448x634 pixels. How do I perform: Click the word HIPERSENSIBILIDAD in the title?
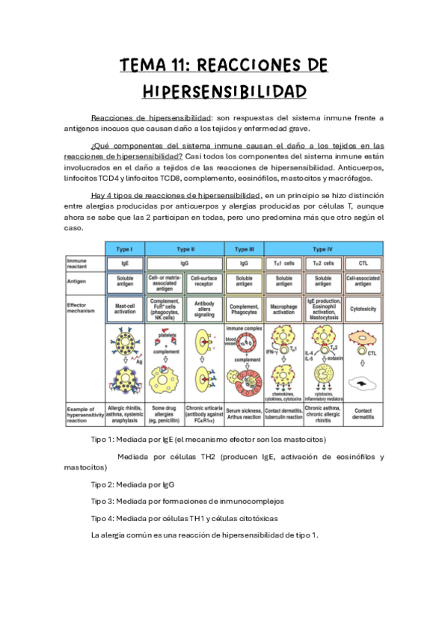pos(224,91)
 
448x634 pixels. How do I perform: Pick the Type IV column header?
pos(323,248)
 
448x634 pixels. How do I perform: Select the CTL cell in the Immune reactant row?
pos(363,264)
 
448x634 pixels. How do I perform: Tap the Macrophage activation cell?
pos(284,307)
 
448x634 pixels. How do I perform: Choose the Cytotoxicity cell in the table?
pos(363,307)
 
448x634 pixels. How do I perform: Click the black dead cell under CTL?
pos(363,383)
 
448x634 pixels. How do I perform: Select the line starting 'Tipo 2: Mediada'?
pos(132,484)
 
